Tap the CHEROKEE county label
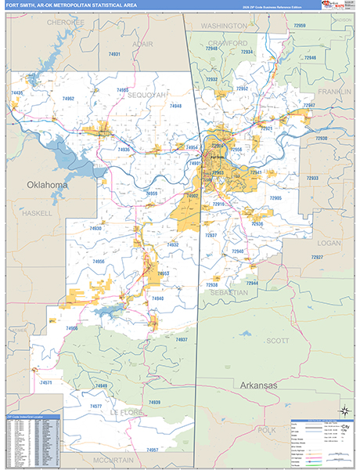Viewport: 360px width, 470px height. tap(63, 23)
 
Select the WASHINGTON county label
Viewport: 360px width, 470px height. tap(223, 26)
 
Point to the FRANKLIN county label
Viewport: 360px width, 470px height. tap(334, 92)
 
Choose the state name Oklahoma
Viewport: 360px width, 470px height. tap(48, 186)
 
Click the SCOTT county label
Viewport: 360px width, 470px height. tap(277, 341)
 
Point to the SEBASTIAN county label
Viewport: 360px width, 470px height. tap(229, 292)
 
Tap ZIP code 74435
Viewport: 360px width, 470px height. tap(17, 93)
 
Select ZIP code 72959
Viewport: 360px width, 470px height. tap(300, 26)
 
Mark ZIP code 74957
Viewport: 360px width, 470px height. tap(152, 450)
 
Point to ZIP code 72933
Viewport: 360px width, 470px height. tap(312, 179)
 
